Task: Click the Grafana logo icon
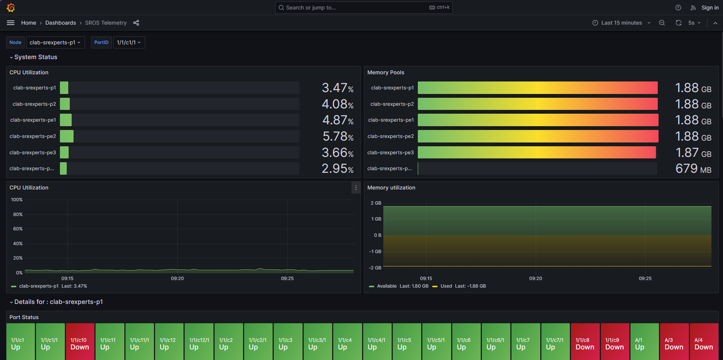(11, 8)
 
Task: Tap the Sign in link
(710, 8)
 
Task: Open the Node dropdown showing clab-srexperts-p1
(55, 42)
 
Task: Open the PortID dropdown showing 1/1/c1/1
(129, 42)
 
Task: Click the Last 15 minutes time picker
(621, 23)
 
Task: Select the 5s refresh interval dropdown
(694, 23)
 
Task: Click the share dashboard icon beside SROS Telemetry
(136, 23)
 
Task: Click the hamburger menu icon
(11, 23)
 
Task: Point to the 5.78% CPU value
(337, 136)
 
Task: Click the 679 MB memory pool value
(693, 169)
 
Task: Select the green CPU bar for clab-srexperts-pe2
(67, 136)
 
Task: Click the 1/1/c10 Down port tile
(80, 343)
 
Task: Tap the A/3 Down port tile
(674, 343)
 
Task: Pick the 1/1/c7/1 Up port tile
(555, 343)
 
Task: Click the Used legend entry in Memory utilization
(446, 286)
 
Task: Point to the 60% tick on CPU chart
(18, 229)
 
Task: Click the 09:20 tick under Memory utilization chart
(535, 279)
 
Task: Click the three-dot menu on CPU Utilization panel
(356, 188)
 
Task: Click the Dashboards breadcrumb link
(61, 23)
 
